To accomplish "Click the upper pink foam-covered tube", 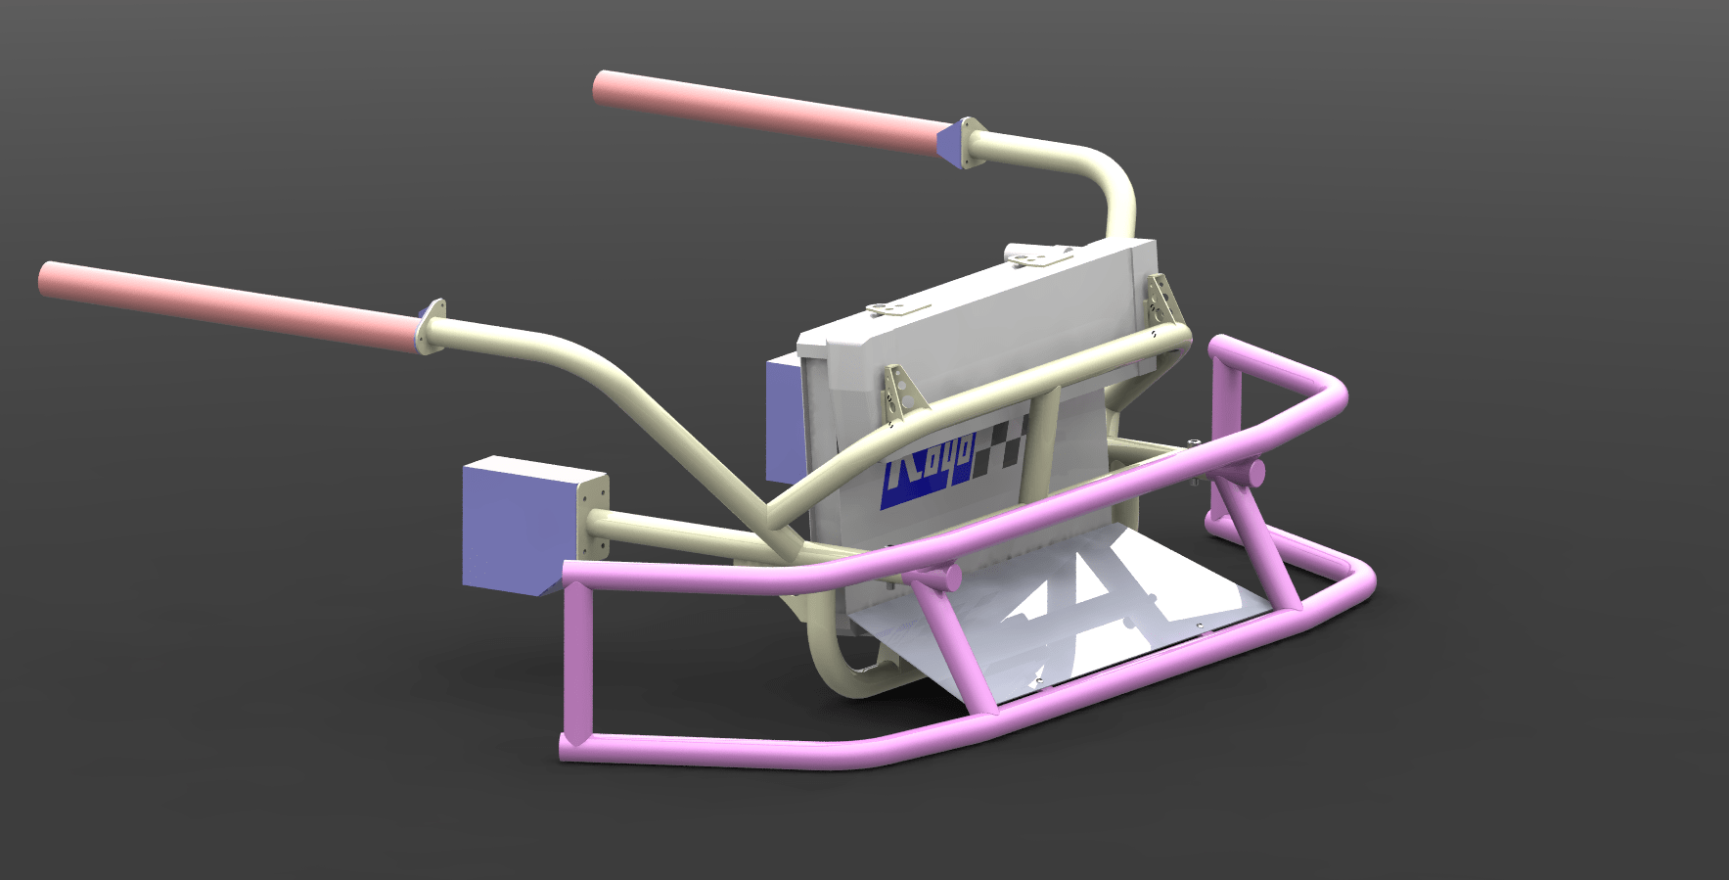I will pyautogui.click(x=763, y=113).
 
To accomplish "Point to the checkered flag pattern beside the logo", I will pyautogui.click(x=1003, y=445).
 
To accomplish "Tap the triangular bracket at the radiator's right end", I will pyautogui.click(x=1161, y=299).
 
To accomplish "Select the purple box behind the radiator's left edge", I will pyautogui.click(x=783, y=416).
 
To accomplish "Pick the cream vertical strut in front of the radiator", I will pyautogui.click(x=1040, y=440).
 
